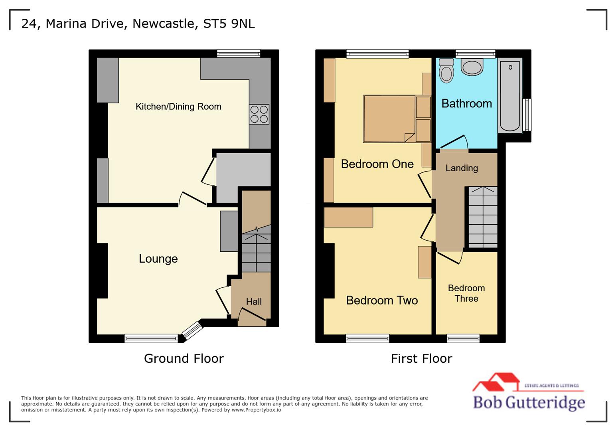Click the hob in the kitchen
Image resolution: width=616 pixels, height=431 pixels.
[x=259, y=114]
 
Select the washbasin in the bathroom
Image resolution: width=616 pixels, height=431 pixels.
[x=472, y=67]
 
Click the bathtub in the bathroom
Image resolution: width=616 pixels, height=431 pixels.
[x=509, y=96]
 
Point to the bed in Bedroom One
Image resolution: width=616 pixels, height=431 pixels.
[x=389, y=119]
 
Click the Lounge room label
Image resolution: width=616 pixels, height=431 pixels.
[x=158, y=259]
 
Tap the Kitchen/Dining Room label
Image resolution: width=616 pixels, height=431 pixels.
[x=178, y=107]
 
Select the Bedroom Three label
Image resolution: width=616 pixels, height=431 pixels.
[x=466, y=293]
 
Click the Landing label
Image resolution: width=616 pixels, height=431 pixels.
[x=462, y=168]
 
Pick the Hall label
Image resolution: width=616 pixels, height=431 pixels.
[x=254, y=302]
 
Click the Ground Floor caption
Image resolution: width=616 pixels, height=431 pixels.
[x=184, y=358]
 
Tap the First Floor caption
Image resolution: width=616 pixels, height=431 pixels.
[x=421, y=358]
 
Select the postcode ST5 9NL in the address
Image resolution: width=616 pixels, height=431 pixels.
[x=229, y=24]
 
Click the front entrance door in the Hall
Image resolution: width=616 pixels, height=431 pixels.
[x=252, y=315]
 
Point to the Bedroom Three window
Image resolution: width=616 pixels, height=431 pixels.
[x=463, y=339]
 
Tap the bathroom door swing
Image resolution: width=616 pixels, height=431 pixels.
[x=454, y=142]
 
